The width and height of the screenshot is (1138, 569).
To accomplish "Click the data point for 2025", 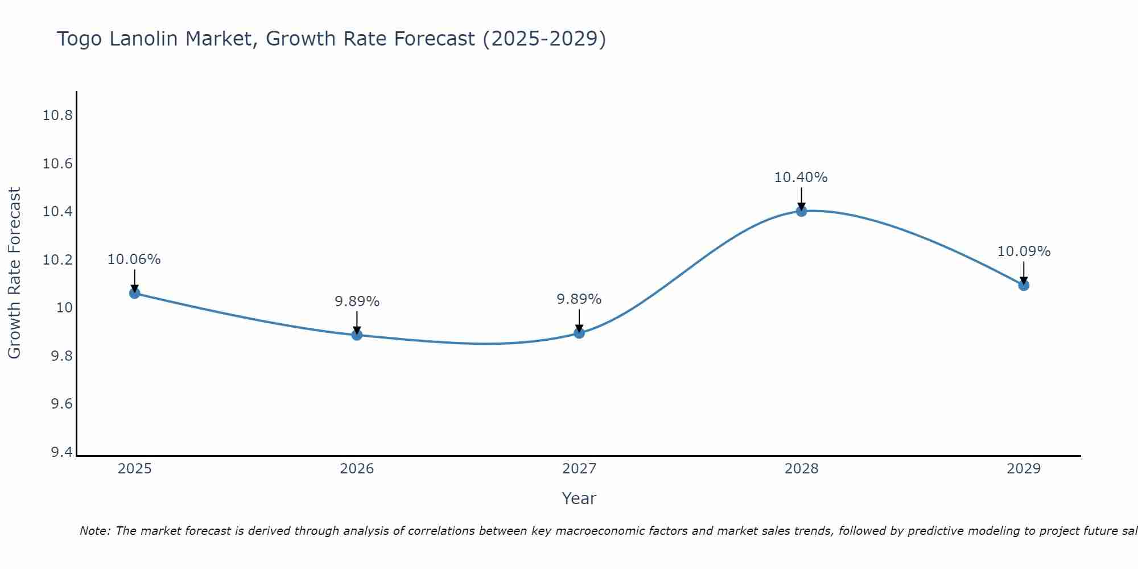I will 134,293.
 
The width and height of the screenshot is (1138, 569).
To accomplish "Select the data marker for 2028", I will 801,211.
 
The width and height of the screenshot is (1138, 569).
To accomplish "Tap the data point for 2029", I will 1024,285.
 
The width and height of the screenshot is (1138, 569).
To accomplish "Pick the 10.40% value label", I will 801,178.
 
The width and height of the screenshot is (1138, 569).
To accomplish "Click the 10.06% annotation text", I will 134,259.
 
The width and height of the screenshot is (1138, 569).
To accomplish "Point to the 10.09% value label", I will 1024,251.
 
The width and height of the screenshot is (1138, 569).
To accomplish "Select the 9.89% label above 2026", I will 357,302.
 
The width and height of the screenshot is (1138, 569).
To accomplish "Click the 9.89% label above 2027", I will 579,299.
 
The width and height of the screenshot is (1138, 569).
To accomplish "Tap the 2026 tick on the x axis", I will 357,469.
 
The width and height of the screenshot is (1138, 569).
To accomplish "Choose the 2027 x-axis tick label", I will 579,469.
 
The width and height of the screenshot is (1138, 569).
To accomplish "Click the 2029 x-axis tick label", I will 1024,469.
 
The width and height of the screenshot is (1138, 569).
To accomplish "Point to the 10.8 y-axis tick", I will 58,116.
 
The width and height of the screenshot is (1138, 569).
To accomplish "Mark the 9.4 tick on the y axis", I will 62,452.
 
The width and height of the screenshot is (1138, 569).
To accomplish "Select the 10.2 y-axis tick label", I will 58,260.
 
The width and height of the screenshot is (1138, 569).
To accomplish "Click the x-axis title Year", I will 579,498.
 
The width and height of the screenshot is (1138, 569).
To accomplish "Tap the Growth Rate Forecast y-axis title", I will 14,273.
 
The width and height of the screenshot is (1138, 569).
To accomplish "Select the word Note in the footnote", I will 94,531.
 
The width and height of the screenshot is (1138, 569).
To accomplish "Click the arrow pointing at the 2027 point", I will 579,321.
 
